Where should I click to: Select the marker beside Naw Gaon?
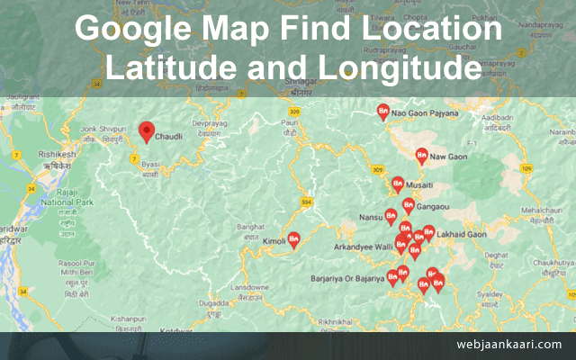[421, 156]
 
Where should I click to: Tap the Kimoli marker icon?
[294, 239]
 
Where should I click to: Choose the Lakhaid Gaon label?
[463, 232]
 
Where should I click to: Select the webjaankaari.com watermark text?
[508, 344]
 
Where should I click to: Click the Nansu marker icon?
[391, 216]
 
